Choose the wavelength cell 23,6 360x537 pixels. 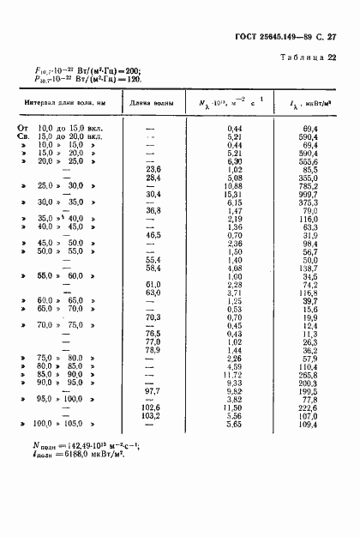click(154, 170)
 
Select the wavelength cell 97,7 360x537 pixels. click(154, 391)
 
